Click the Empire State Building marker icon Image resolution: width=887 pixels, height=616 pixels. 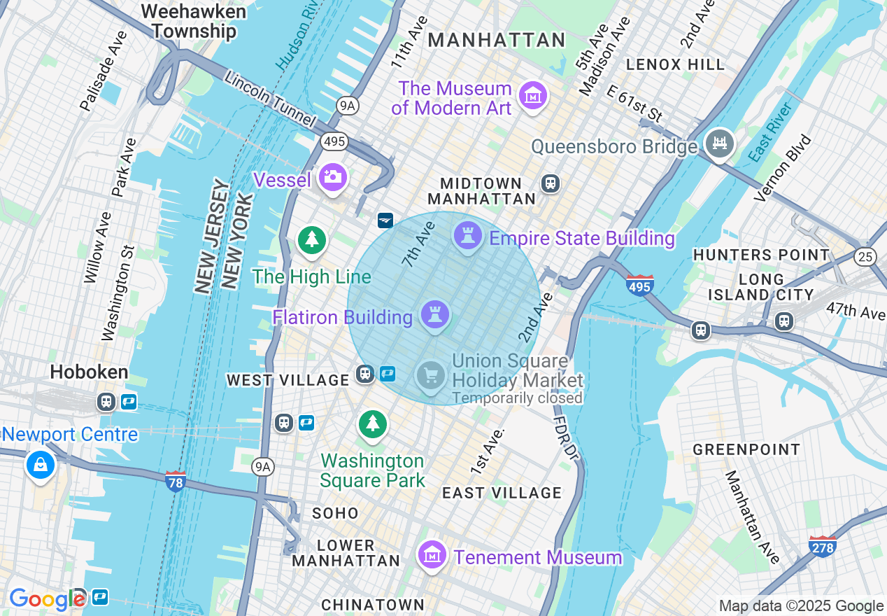click(x=468, y=236)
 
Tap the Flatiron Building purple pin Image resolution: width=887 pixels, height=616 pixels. click(x=435, y=315)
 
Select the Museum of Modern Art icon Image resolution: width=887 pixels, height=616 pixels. click(x=533, y=94)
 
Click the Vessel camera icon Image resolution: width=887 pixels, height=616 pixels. click(x=332, y=177)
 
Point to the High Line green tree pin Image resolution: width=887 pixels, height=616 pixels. click(x=312, y=240)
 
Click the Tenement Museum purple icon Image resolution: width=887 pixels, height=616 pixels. click(x=432, y=556)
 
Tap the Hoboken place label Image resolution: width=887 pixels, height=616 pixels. click(x=89, y=372)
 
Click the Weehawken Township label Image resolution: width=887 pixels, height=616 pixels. click(x=194, y=22)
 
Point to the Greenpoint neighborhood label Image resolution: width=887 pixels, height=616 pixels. click(x=746, y=449)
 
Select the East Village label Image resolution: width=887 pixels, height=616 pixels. click(x=502, y=493)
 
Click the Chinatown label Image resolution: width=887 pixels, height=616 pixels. click(x=372, y=604)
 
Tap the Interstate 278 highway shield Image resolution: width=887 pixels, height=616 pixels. click(x=822, y=546)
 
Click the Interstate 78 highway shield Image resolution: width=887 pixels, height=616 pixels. click(x=176, y=481)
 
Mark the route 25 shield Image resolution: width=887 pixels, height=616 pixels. click(x=865, y=257)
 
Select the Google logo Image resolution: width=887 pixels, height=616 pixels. click(x=47, y=599)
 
